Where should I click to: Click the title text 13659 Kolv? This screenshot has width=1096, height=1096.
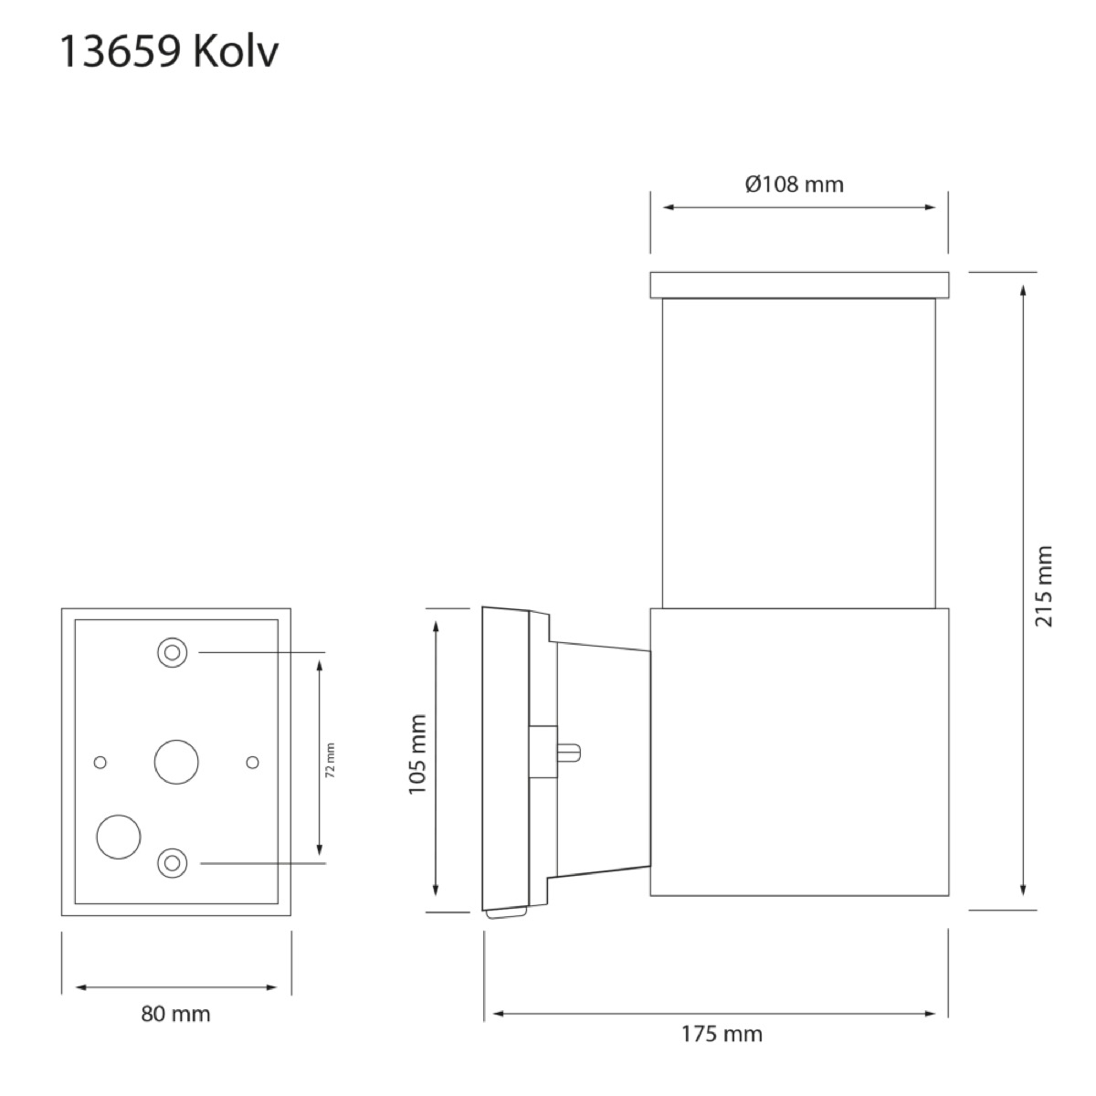point(169,52)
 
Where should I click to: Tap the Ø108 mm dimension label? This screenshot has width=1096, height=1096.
point(794,184)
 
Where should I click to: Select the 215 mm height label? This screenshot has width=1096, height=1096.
point(1044,585)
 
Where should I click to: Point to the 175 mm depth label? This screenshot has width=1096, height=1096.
point(722,1033)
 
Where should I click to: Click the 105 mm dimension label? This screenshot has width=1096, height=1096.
point(417,754)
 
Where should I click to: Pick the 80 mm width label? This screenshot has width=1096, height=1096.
point(175,1014)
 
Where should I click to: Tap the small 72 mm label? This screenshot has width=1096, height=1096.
point(331,759)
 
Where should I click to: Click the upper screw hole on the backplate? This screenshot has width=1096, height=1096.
point(173,652)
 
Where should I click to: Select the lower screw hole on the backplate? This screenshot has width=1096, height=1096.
point(173,863)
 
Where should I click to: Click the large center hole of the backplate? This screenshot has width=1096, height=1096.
point(176,762)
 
